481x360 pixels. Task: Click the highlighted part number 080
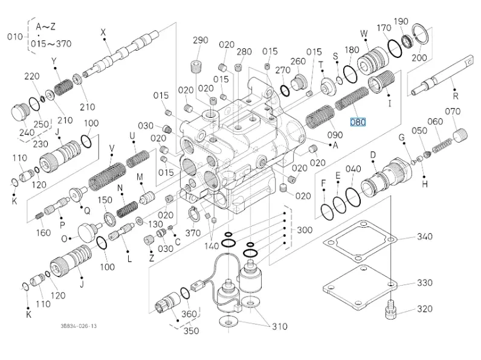tap(358, 121)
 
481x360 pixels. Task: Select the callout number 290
tap(200, 41)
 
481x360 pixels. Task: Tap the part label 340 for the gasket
tap(425, 236)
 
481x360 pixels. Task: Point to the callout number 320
tap(425, 309)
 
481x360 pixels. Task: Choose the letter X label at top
tap(103, 32)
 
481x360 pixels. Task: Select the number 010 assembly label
tap(14, 36)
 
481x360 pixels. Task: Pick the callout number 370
tap(193, 233)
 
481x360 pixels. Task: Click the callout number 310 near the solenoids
tap(279, 327)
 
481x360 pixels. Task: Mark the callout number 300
tap(305, 230)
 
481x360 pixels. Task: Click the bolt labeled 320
tap(389, 310)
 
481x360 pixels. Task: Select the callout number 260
tap(298, 61)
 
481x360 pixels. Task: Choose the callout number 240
tap(26, 133)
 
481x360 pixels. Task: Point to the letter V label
tap(112, 147)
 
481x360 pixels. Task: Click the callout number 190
tap(418, 21)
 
